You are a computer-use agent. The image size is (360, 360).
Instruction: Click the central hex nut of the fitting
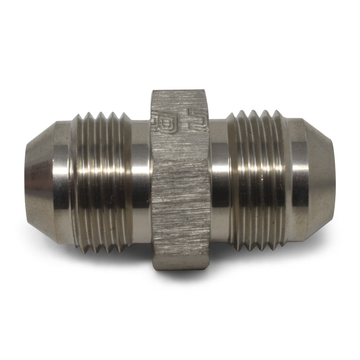tap(180, 180)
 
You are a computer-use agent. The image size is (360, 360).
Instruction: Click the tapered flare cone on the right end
tap(315, 180)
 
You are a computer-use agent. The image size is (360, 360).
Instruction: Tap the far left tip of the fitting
tap(25, 180)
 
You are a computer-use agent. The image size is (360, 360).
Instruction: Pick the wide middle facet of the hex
tap(180, 189)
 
